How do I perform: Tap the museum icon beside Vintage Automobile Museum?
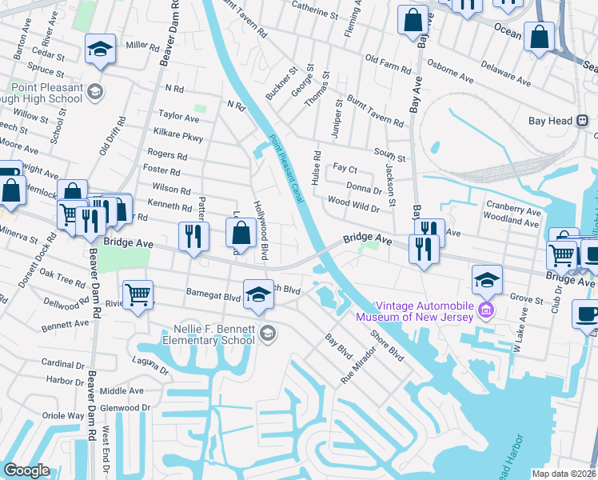(x=485, y=310)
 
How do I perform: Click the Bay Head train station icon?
(x=583, y=121)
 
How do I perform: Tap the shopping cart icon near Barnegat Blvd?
(x=138, y=294)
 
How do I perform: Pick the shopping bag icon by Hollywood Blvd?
(x=241, y=234)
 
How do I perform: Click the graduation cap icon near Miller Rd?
(x=101, y=50)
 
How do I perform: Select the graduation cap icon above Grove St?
(x=486, y=279)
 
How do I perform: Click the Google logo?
(x=26, y=470)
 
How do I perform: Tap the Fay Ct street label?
(x=345, y=169)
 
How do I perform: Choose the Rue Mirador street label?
(x=358, y=366)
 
